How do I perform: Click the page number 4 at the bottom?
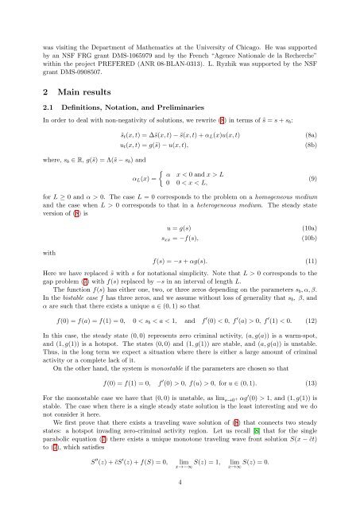(x=180, y=480)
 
